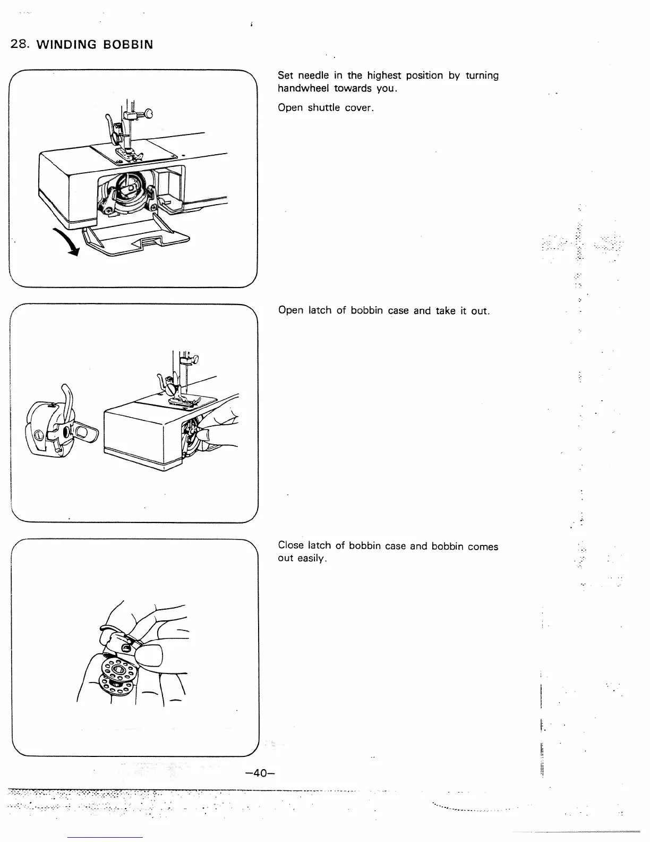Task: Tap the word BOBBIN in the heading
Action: tap(128, 45)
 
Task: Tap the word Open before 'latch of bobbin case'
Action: tap(290, 310)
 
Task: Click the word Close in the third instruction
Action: tap(290, 546)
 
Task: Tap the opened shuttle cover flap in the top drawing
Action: tap(138, 241)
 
